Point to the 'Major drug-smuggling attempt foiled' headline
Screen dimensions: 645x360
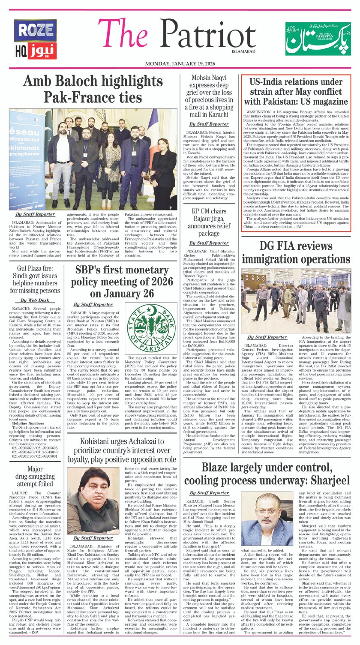35,476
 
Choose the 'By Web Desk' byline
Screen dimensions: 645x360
35,300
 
